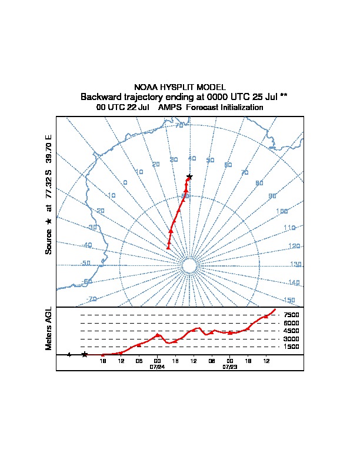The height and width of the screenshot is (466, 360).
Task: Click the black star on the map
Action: click(189, 177)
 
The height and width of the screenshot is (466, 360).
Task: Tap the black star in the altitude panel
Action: click(85, 354)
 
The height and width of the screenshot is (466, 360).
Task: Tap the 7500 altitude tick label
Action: click(291, 315)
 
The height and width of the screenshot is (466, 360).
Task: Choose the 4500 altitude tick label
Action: click(291, 331)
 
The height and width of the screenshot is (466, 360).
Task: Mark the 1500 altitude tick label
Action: click(291, 347)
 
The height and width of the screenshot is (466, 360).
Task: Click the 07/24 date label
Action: click(157, 366)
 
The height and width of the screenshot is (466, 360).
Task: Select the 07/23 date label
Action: click(229, 366)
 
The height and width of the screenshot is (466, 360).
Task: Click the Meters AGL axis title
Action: click(49, 329)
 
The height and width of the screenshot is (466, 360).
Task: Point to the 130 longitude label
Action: click(296, 265)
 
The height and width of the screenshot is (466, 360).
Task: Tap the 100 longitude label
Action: click(282, 211)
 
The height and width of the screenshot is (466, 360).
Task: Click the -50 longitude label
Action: click(85, 264)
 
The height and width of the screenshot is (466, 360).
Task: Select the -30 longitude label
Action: click(92, 227)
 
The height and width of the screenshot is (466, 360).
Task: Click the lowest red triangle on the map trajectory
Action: click(168, 247)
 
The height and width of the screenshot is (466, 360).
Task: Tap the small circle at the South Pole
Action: click(189, 266)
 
